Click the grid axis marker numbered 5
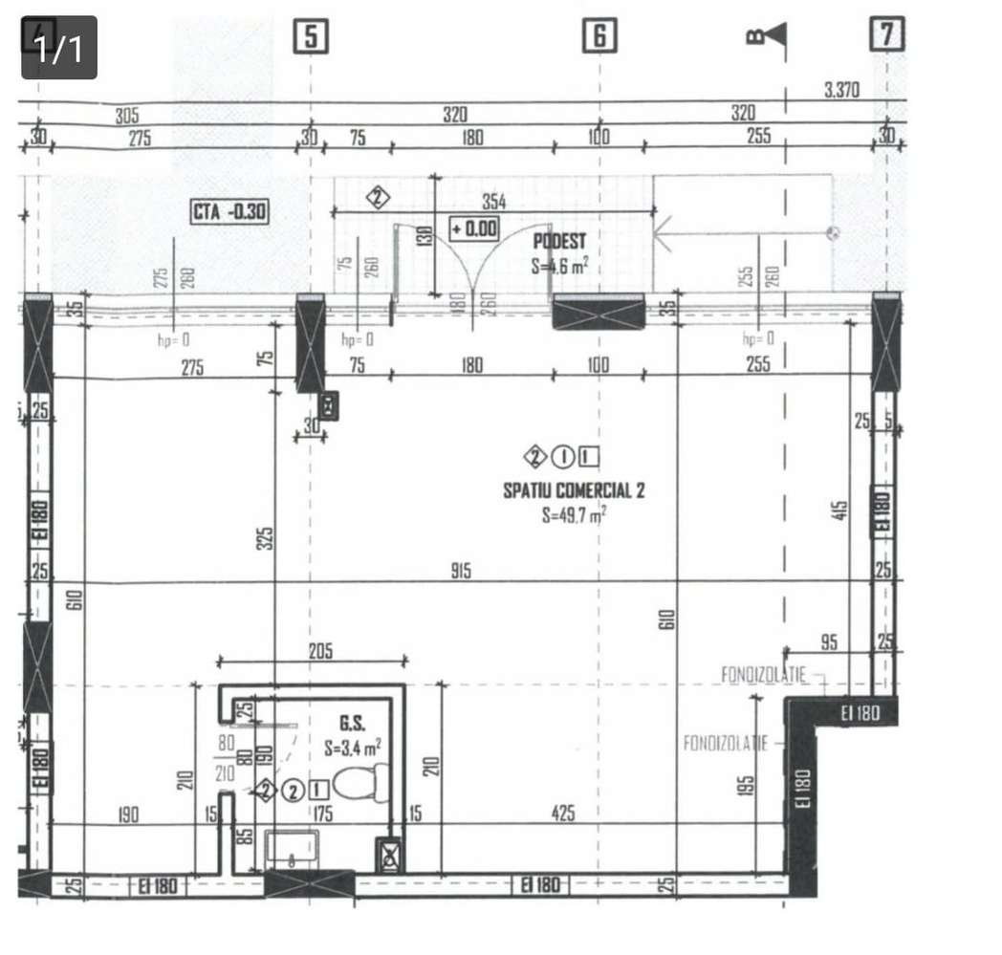311,36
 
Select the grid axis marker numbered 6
599,36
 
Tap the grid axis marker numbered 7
886,34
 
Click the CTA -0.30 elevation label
229,211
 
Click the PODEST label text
559,243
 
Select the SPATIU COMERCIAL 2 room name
574,491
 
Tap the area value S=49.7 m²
574,515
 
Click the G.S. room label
352,724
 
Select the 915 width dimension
462,572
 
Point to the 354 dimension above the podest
493,202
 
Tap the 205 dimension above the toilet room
320,651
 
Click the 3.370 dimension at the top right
841,91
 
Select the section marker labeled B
767,35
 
